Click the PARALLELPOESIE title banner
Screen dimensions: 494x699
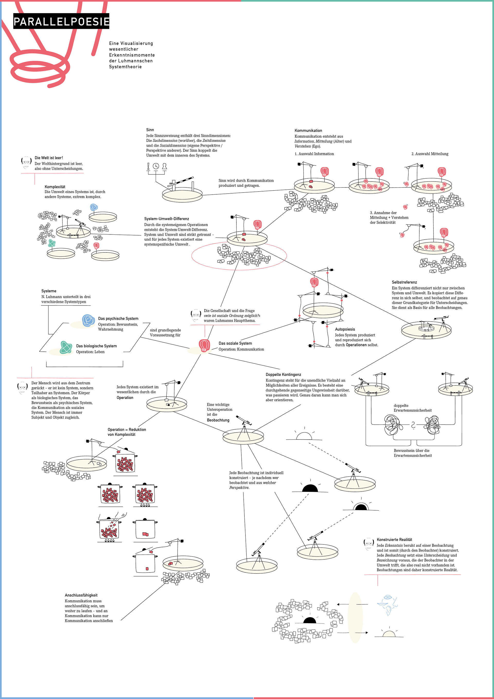pyautogui.click(x=61, y=21)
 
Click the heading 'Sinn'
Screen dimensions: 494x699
pyautogui.click(x=150, y=130)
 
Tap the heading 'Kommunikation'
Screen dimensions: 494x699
pyautogui.click(x=308, y=131)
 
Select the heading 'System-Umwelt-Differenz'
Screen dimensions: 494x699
pyautogui.click(x=166, y=219)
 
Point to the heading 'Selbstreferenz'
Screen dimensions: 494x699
pyautogui.click(x=404, y=282)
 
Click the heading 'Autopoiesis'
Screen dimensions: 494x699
pyautogui.click(x=345, y=329)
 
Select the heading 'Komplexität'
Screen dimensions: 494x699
pyautogui.click(x=55, y=187)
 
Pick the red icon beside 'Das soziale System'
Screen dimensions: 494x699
pyautogui.click(x=204, y=346)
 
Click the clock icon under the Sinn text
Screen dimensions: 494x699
pyautogui.click(x=156, y=166)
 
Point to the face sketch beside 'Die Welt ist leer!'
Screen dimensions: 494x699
pyautogui.click(x=26, y=162)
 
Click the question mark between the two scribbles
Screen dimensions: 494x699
pyautogui.click(x=413, y=425)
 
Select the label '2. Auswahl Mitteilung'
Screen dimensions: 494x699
pyautogui.click(x=430, y=154)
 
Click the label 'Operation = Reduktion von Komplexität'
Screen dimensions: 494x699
pyautogui.click(x=127, y=432)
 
